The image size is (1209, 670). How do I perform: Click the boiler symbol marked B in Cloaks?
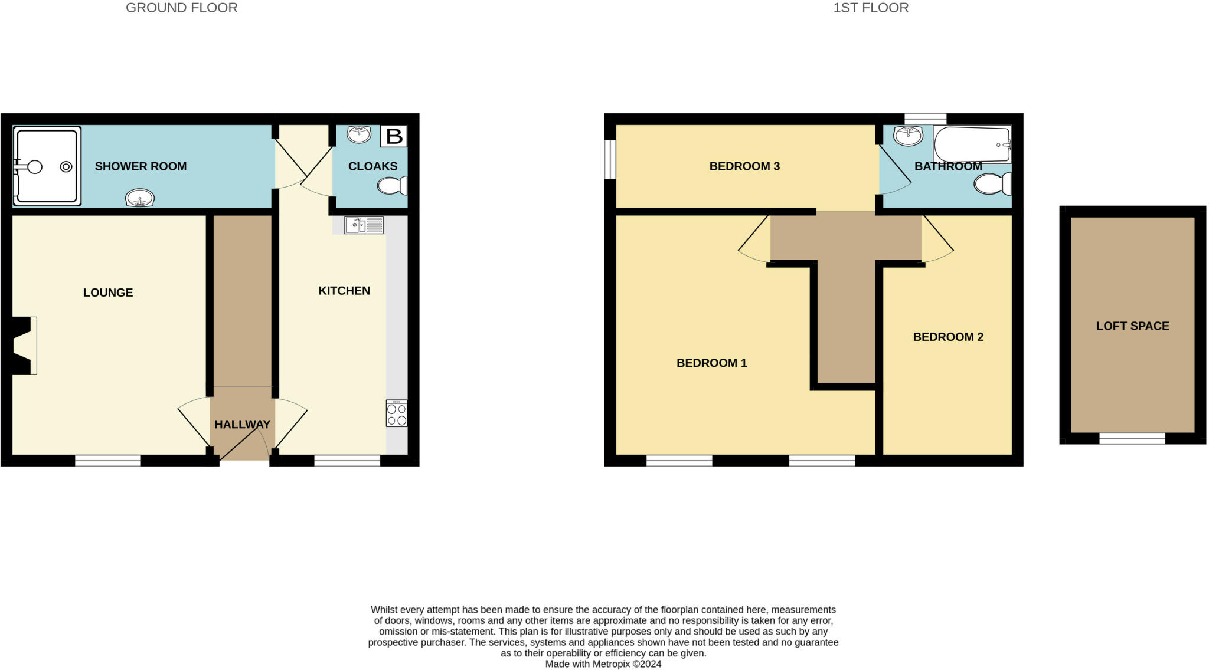pyautogui.click(x=394, y=136)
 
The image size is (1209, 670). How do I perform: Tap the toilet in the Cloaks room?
pyautogui.click(x=392, y=186)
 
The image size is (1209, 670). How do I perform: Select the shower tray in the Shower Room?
pyautogui.click(x=47, y=167)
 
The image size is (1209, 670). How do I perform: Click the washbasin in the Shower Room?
pyautogui.click(x=140, y=198)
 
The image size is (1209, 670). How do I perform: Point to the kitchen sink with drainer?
pyautogui.click(x=364, y=225)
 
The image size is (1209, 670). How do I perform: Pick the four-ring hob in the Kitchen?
pyautogui.click(x=397, y=413)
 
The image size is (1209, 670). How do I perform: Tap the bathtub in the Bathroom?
pyautogui.click(x=972, y=144)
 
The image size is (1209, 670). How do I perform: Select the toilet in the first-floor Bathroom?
pyautogui.click(x=992, y=184)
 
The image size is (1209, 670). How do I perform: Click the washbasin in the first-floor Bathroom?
pyautogui.click(x=908, y=136)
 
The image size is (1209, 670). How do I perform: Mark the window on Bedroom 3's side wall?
pyautogui.click(x=610, y=159)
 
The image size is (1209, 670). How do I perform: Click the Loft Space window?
pyautogui.click(x=1132, y=438)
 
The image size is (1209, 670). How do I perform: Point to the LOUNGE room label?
pyautogui.click(x=108, y=293)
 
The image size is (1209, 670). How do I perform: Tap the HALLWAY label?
pyautogui.click(x=242, y=424)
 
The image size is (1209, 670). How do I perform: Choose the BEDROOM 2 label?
pyautogui.click(x=948, y=337)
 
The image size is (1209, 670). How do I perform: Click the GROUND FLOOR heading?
pyautogui.click(x=182, y=8)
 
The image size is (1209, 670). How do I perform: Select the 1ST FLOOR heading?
pyautogui.click(x=871, y=8)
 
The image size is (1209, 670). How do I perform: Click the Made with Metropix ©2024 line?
pyautogui.click(x=603, y=664)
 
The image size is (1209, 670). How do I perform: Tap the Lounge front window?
pyautogui.click(x=108, y=461)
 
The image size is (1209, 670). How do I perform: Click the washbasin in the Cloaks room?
pyautogui.click(x=359, y=134)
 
